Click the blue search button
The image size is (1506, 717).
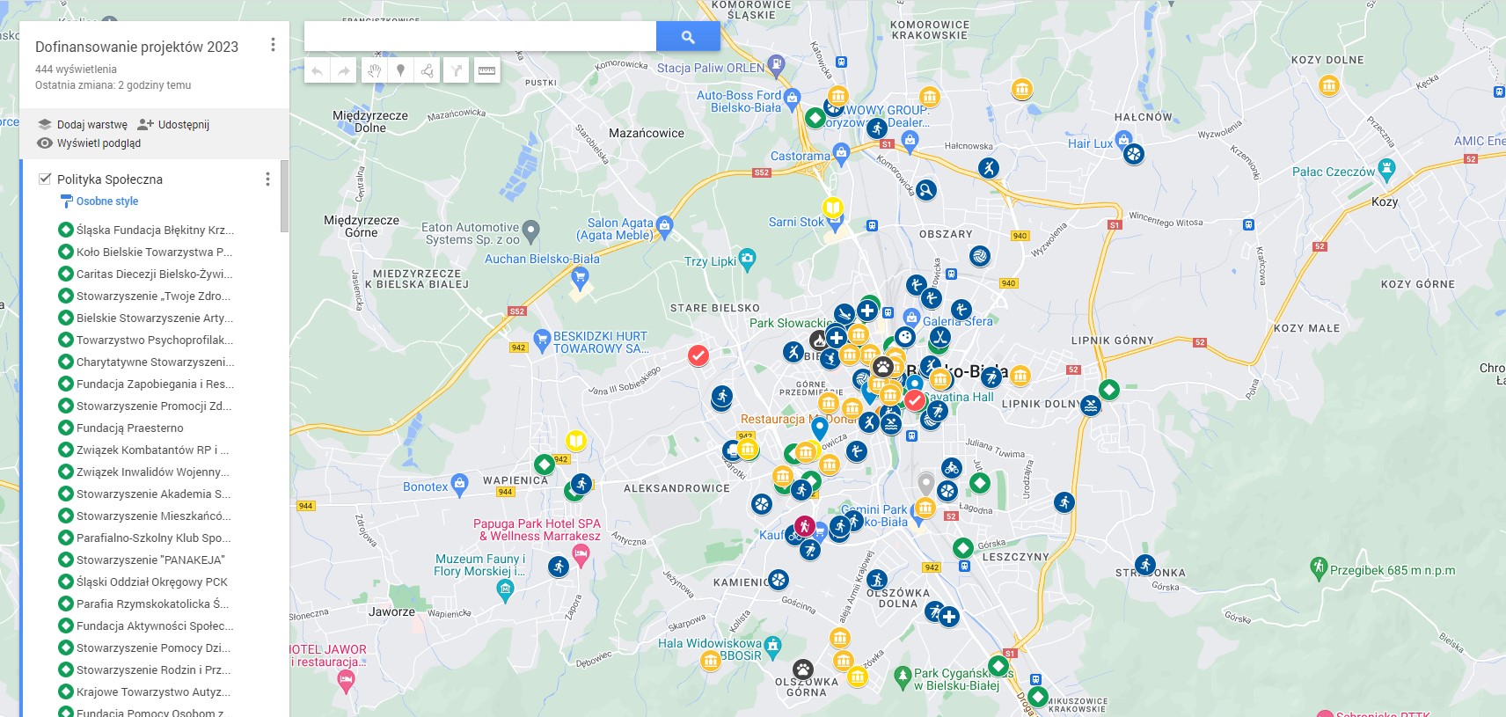coord(688,37)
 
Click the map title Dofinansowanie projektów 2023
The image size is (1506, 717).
coord(136,48)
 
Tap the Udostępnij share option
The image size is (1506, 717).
coord(183,125)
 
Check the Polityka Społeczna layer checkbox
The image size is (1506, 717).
coord(45,179)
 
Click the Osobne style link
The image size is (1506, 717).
coord(106,201)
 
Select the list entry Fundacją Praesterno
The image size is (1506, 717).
coord(129,428)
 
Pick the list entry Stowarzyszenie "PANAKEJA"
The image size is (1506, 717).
coord(150,560)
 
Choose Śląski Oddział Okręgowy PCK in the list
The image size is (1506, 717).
coord(151,582)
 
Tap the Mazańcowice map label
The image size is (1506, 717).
coord(646,134)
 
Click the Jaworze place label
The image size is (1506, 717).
coord(391,611)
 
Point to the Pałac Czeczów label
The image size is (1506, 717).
coord(1333,172)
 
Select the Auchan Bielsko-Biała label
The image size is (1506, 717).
coord(542,260)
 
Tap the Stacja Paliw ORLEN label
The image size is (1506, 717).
coord(711,69)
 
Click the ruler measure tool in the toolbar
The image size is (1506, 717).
coord(486,70)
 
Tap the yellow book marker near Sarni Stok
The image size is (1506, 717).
coord(832,209)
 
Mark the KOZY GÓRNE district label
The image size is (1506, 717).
coord(1417,285)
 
